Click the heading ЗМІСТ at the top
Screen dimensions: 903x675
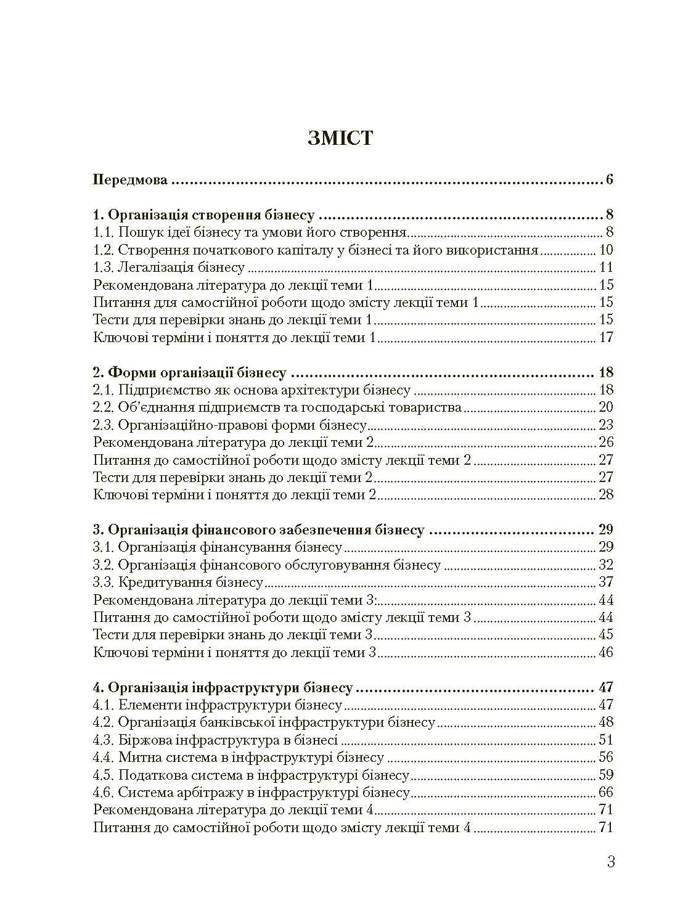pyautogui.click(x=340, y=138)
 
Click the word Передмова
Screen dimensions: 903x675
pyautogui.click(x=130, y=181)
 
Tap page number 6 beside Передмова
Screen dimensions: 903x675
pyautogui.click(x=609, y=181)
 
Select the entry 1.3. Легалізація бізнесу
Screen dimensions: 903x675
pyautogui.click(x=169, y=268)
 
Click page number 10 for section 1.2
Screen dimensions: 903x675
pyautogui.click(x=606, y=250)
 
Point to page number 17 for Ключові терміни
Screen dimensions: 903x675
pyautogui.click(x=606, y=337)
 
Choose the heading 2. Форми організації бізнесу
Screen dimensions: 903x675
pyautogui.click(x=189, y=372)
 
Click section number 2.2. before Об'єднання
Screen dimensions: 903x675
pyautogui.click(x=103, y=407)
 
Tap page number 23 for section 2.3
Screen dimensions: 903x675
pyautogui.click(x=606, y=425)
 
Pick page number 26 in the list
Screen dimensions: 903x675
pyautogui.click(x=606, y=442)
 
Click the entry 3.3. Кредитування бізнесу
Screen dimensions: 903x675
pyautogui.click(x=178, y=582)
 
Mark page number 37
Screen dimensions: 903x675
pyautogui.click(x=606, y=582)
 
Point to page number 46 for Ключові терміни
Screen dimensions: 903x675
pyautogui.click(x=606, y=652)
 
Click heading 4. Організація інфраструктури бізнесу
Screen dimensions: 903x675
pyautogui.click(x=223, y=687)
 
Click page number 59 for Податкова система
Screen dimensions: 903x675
pyautogui.click(x=606, y=775)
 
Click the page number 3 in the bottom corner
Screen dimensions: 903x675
pyautogui.click(x=610, y=862)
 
